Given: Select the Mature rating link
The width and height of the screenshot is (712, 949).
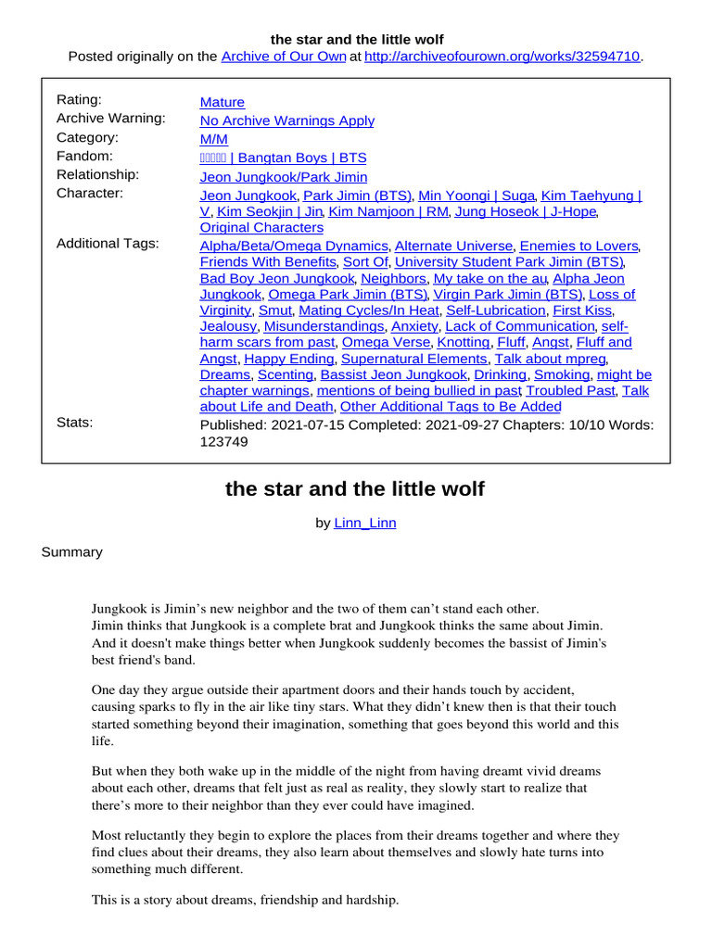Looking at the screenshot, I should click(x=222, y=102).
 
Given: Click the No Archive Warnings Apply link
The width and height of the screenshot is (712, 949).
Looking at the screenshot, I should click(x=287, y=120).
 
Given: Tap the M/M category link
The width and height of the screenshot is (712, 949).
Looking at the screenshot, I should click(x=214, y=139).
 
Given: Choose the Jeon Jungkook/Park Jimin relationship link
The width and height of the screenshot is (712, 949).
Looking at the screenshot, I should click(x=284, y=176).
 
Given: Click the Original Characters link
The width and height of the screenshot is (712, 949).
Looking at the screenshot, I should click(x=262, y=227).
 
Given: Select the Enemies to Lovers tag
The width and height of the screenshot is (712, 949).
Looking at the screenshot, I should click(x=579, y=246).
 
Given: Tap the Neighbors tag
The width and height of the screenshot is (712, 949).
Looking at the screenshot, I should click(x=393, y=278).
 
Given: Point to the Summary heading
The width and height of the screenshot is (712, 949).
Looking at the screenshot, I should click(x=72, y=551).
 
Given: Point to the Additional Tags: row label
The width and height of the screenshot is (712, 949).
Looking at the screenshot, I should click(x=108, y=243).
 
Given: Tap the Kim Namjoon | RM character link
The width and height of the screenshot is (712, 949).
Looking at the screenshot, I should click(x=389, y=211).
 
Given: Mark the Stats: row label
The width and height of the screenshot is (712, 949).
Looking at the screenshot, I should click(x=75, y=423).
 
